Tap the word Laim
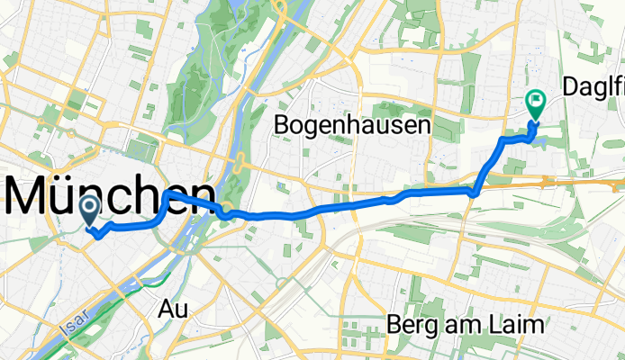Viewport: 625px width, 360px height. pyautogui.click(x=521, y=324)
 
